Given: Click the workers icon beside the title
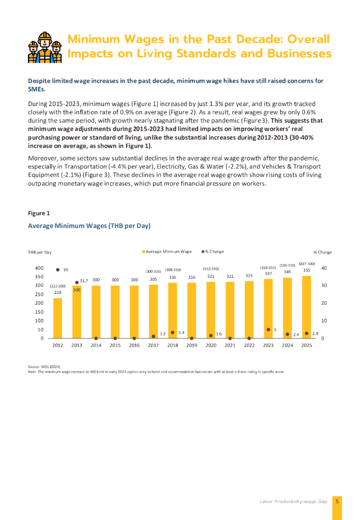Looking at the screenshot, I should coord(45,47).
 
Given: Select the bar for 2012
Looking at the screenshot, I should coord(58,318).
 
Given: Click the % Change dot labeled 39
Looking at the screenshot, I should coord(58,270).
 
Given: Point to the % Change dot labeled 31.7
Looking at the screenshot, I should coord(77,282).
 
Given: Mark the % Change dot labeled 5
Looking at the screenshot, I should coord(268,330).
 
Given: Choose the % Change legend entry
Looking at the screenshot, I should coord(213,252).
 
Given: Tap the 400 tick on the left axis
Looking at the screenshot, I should coord(39,268).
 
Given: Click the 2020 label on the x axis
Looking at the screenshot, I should coord(211,345).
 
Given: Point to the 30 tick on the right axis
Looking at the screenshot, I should coord(324,285).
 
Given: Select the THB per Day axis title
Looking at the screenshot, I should coord(40,252).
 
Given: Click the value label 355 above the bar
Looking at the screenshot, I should coord(307,270).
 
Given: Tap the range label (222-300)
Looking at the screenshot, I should coord(57,286).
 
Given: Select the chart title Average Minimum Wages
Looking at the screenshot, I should coord(89,225).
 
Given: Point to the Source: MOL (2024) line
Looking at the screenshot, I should coord(44,367).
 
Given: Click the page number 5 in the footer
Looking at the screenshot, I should coord(337,501).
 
